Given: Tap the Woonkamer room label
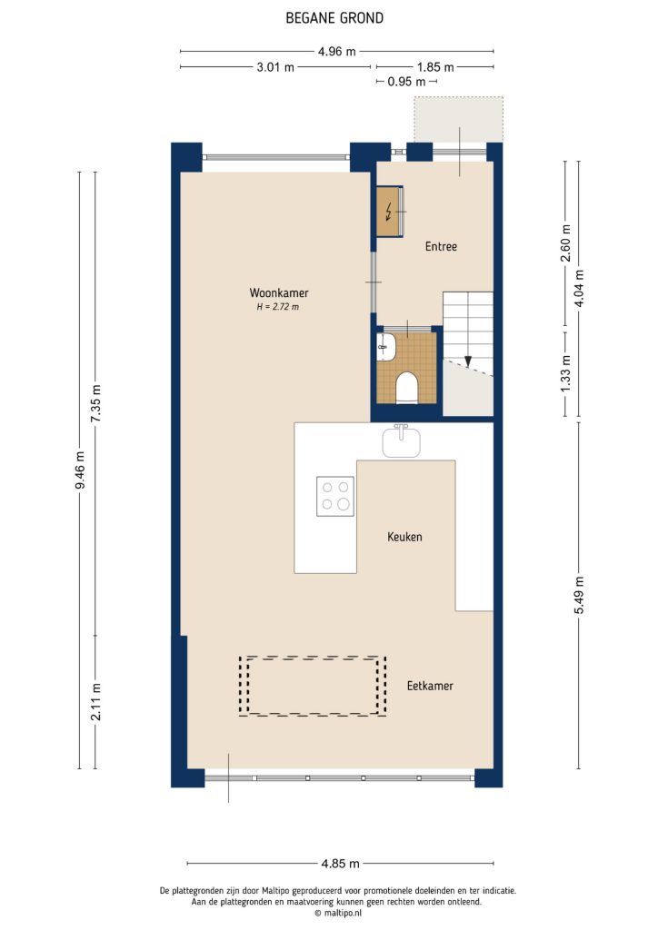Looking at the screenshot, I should pyautogui.click(x=279, y=293).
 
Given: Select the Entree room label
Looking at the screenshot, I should pyautogui.click(x=441, y=246).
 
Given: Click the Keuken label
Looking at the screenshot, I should pyautogui.click(x=404, y=537).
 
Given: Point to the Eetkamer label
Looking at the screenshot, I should pyautogui.click(x=430, y=686).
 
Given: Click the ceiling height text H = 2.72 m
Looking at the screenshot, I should pyautogui.click(x=278, y=308).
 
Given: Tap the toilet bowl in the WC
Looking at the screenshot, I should pyautogui.click(x=406, y=389).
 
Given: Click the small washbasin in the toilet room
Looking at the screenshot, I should pyautogui.click(x=384, y=344).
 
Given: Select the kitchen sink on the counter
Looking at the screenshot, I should pyautogui.click(x=401, y=442).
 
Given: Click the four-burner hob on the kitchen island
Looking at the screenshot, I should pyautogui.click(x=334, y=496).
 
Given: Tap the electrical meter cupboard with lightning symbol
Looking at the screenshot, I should pyautogui.click(x=390, y=213).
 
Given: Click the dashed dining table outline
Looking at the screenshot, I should pyautogui.click(x=309, y=686).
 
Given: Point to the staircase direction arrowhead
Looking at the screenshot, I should pyautogui.click(x=469, y=361).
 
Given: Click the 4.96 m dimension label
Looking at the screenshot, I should pyautogui.click(x=336, y=51).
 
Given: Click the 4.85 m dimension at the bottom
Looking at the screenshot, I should pyautogui.click(x=341, y=864).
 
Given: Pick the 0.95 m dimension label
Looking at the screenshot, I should pyautogui.click(x=406, y=82).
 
